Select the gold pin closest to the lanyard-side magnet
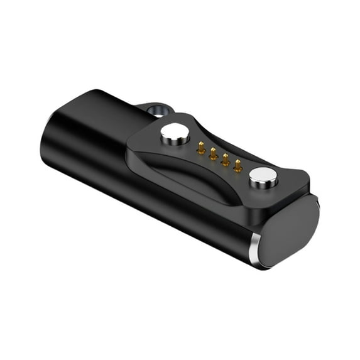pos(200,149)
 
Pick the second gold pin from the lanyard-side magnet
pos(213,153)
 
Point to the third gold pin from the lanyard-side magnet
pos(225,159)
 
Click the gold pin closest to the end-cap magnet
pos(237,165)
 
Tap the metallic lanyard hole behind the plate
pos(155,111)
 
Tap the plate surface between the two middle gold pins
pos(219,158)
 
